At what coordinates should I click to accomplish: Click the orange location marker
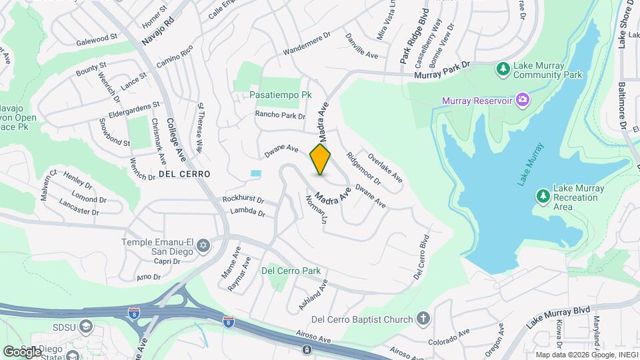click(x=320, y=160)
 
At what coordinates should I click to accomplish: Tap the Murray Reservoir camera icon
click(x=522, y=101)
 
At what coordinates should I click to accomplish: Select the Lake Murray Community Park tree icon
click(x=502, y=68)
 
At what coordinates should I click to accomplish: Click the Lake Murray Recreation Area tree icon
click(x=543, y=196)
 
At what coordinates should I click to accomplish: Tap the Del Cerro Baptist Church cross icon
click(x=423, y=319)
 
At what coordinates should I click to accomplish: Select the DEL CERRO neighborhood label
click(x=185, y=173)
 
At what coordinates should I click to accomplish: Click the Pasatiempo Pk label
click(x=281, y=95)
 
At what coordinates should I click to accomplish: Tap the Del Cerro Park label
click(x=291, y=271)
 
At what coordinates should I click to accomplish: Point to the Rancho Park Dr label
click(x=280, y=115)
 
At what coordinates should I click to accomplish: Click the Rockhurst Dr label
click(x=243, y=199)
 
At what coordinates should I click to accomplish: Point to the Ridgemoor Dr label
click(x=363, y=169)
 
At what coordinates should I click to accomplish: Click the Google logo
click(x=22, y=351)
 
